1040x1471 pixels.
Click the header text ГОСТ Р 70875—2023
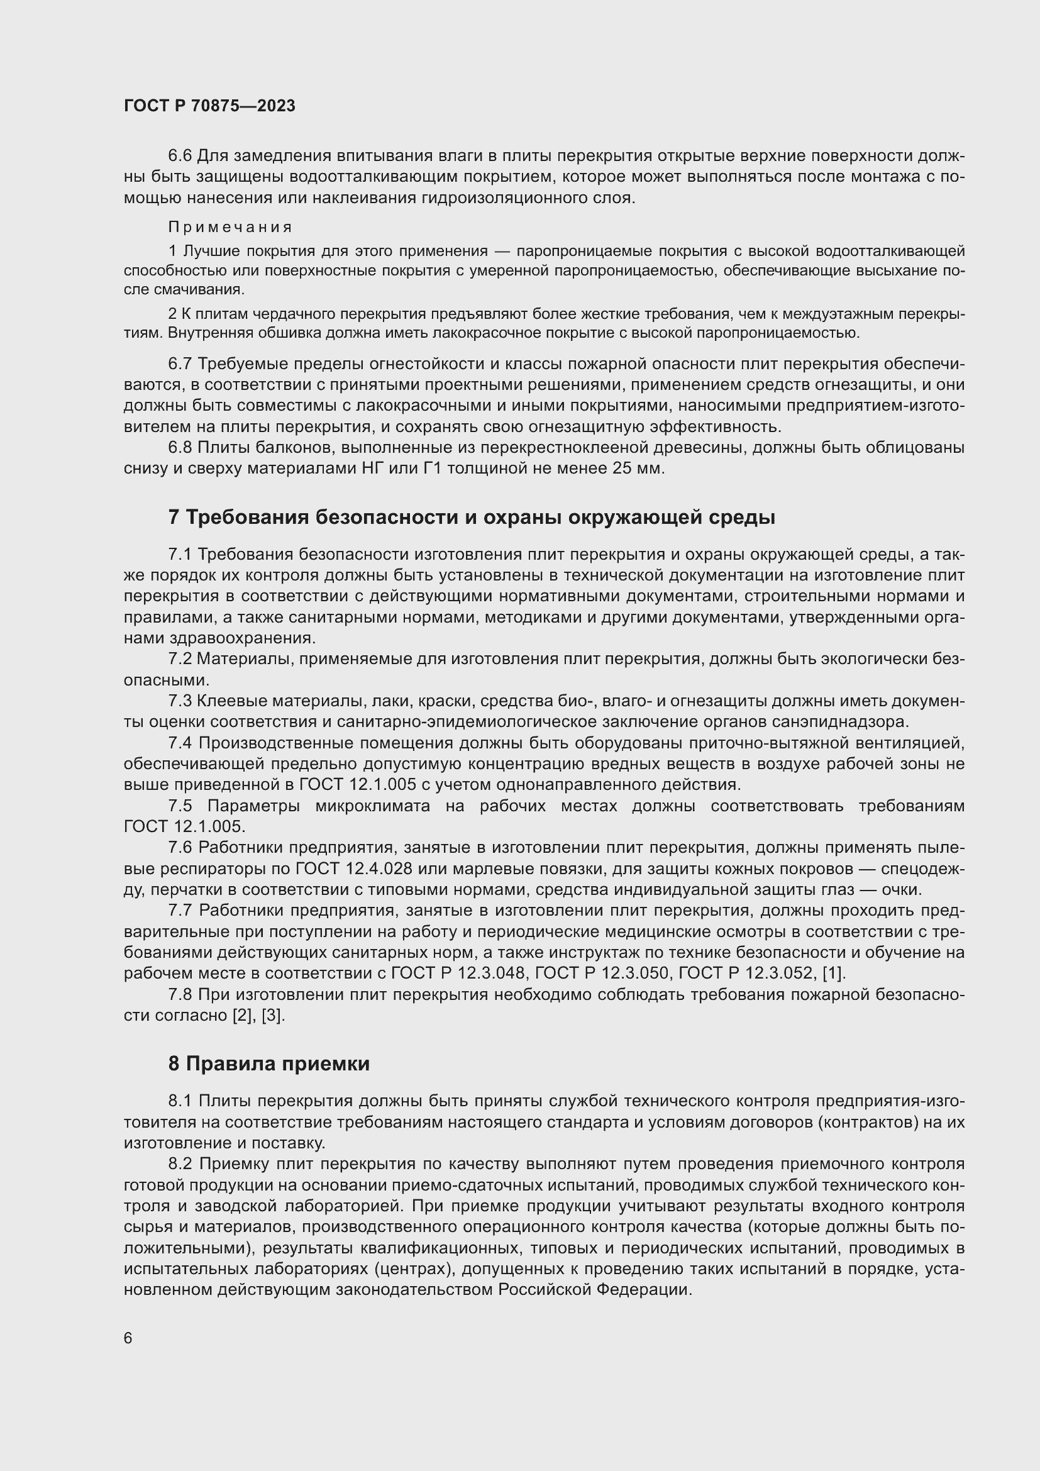[x=209, y=106]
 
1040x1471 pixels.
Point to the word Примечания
[x=231, y=227]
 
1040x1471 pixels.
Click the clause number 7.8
[x=180, y=994]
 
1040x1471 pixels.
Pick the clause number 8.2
[x=181, y=1163]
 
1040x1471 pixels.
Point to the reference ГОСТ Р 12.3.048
[x=458, y=973]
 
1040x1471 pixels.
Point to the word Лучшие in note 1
[x=212, y=250]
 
